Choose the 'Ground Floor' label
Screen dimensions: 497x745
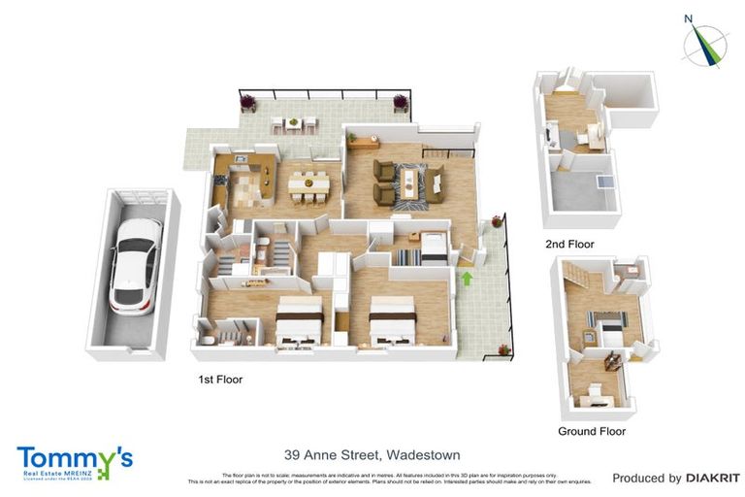pyautogui.click(x=591, y=431)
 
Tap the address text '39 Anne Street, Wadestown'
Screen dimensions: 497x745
pyautogui.click(x=372, y=454)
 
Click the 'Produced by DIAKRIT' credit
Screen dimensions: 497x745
pyautogui.click(x=676, y=478)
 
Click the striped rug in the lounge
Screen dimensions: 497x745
pyautogui.click(x=410, y=182)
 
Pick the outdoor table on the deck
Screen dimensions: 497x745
pyautogui.click(x=293, y=123)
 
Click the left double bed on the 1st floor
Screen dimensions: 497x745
pyautogui.click(x=299, y=320)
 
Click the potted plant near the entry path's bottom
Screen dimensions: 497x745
pyautogui.click(x=503, y=349)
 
